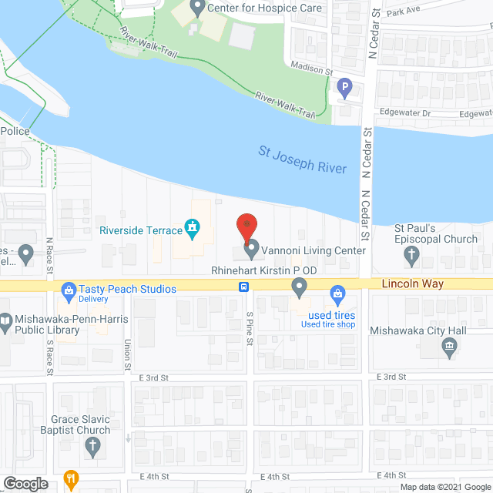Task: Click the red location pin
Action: (246, 226)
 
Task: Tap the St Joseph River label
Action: (304, 160)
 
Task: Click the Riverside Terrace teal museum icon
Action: (192, 229)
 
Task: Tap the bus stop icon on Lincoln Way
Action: (243, 287)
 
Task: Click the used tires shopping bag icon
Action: (337, 293)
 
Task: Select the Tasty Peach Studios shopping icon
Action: (67, 290)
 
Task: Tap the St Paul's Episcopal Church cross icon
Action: (411, 255)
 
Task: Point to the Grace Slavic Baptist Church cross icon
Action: (92, 445)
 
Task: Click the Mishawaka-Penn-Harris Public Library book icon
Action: (7, 320)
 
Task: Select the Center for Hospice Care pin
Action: (196, 8)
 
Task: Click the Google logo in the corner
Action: (25, 484)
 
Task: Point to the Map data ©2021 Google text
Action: (444, 487)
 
